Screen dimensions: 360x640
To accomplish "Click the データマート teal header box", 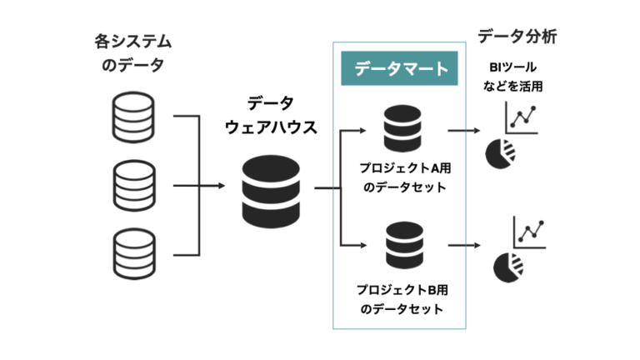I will click(401, 69).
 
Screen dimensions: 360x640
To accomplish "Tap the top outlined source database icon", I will click(134, 116).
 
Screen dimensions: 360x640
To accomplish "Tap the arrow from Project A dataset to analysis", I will click(463, 130).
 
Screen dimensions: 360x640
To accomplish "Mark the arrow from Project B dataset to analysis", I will click(463, 244).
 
